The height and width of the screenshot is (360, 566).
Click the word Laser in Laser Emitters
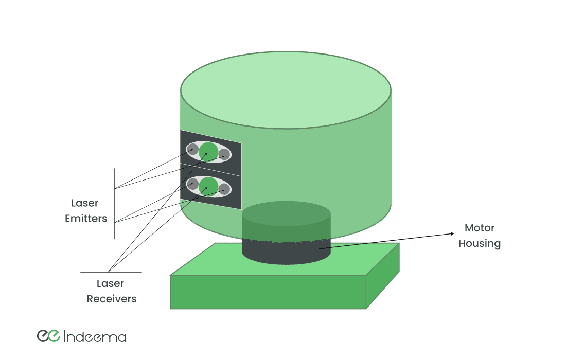click(84, 203)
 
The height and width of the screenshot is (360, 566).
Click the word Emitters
click(86, 219)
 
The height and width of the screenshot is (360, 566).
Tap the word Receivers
click(111, 299)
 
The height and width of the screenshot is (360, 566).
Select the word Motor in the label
click(479, 228)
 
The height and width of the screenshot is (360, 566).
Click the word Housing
click(479, 243)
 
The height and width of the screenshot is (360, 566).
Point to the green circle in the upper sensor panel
click(208, 152)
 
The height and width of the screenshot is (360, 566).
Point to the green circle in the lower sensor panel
click(208, 186)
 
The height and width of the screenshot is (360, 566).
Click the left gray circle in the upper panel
click(193, 150)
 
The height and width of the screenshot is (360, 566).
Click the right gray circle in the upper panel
click(224, 154)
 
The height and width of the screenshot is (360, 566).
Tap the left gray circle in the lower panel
click(193, 184)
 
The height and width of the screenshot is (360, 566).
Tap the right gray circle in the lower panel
click(224, 189)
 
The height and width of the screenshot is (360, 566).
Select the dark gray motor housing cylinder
click(286, 252)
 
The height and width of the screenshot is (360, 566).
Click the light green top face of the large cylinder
click(286, 90)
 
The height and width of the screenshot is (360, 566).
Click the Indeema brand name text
click(96, 337)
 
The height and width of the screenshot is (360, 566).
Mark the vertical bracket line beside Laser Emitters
click(114, 203)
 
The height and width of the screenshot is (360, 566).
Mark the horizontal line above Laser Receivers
click(111, 272)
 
